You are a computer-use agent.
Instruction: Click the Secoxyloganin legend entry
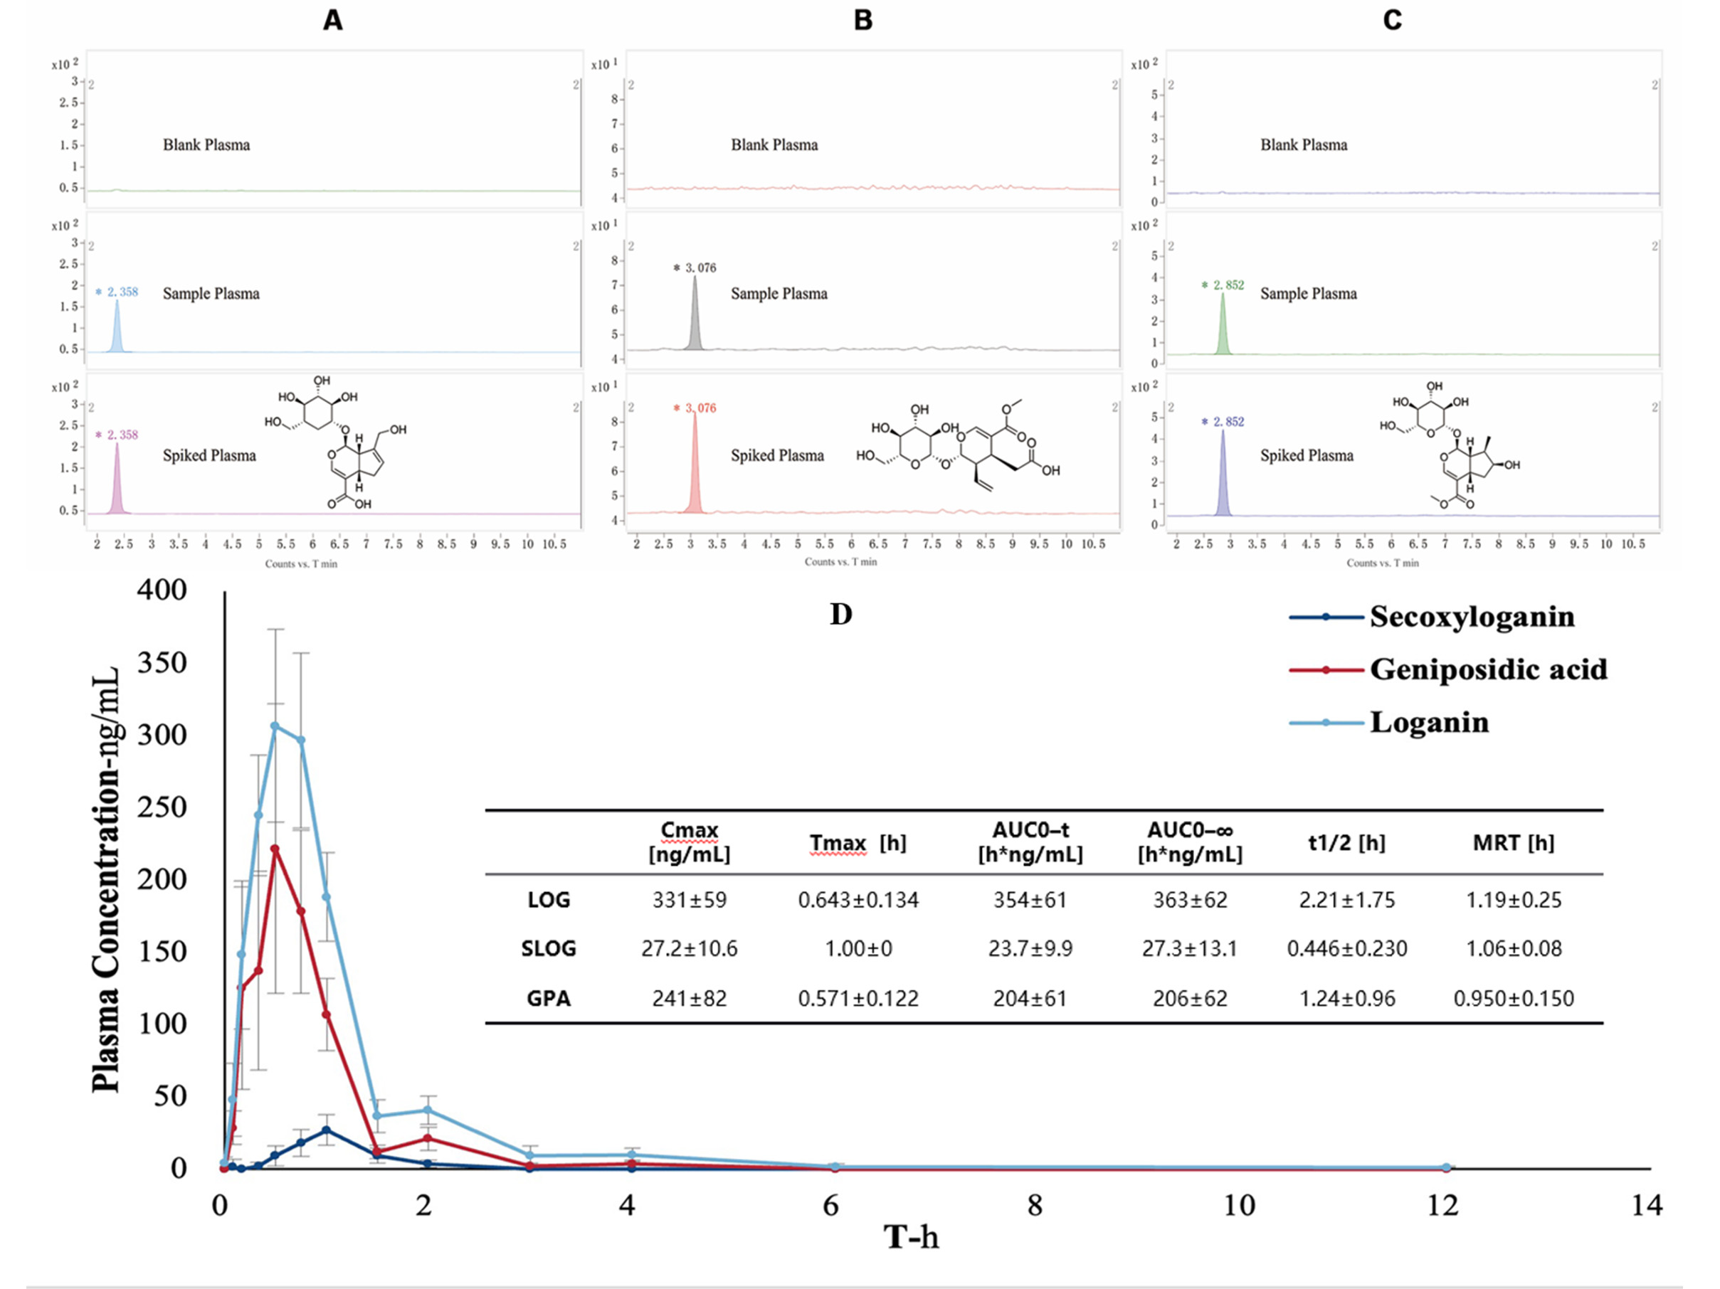click(1471, 617)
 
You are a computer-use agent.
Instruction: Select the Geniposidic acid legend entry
click(1487, 669)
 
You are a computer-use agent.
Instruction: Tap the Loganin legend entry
click(1429, 722)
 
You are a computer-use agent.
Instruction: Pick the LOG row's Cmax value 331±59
click(689, 901)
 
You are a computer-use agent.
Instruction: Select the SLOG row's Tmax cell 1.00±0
click(858, 948)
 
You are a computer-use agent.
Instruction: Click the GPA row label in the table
click(548, 998)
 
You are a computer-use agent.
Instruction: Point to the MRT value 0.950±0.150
click(1513, 998)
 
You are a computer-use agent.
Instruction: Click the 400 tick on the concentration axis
click(162, 590)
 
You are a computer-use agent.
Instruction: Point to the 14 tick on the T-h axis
click(1647, 1205)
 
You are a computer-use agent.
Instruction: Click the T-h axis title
click(911, 1236)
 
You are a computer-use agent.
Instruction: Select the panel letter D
click(840, 614)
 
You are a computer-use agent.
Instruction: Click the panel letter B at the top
click(863, 20)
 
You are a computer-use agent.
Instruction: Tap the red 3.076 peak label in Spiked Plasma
click(695, 408)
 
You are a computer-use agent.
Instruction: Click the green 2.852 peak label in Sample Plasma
click(1224, 285)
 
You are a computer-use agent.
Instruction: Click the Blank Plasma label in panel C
click(1303, 144)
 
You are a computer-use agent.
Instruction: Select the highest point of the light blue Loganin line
click(275, 726)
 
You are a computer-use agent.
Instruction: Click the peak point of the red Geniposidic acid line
click(275, 849)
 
